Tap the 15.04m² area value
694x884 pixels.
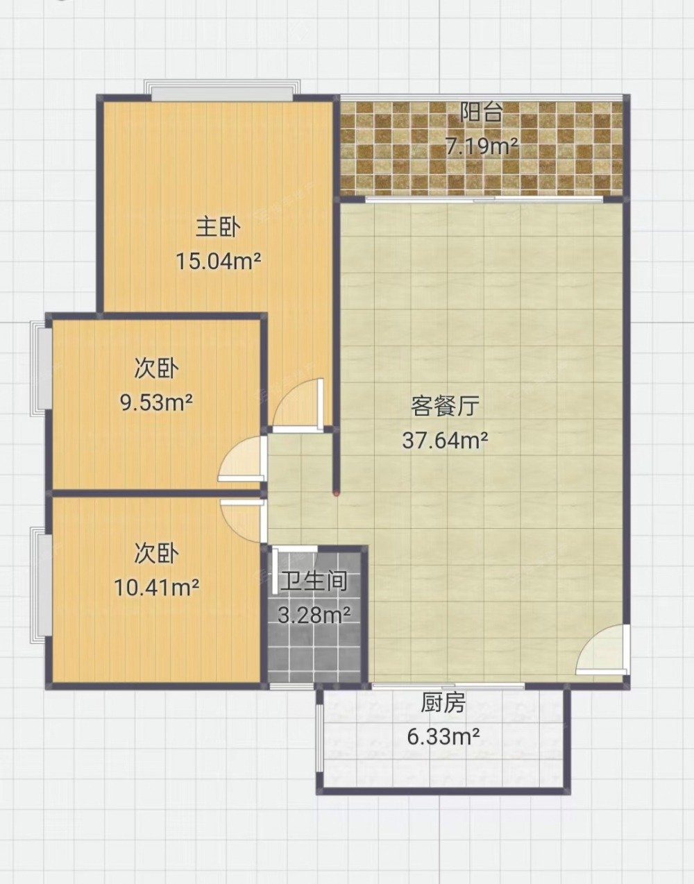pyautogui.click(x=218, y=261)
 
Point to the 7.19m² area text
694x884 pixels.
pyautogui.click(x=482, y=146)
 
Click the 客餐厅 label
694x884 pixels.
pyautogui.click(x=445, y=406)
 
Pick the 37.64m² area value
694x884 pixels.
pyautogui.click(x=445, y=440)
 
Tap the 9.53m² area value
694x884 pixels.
pyautogui.click(x=156, y=402)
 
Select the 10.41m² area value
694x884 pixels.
pyautogui.click(x=156, y=588)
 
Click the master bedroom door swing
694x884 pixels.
pyautogui.click(x=299, y=405)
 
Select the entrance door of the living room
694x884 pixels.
pyautogui.click(x=602, y=649)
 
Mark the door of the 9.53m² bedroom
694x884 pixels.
pyautogui.click(x=242, y=459)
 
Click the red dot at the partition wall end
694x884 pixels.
pyautogui.click(x=336, y=494)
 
